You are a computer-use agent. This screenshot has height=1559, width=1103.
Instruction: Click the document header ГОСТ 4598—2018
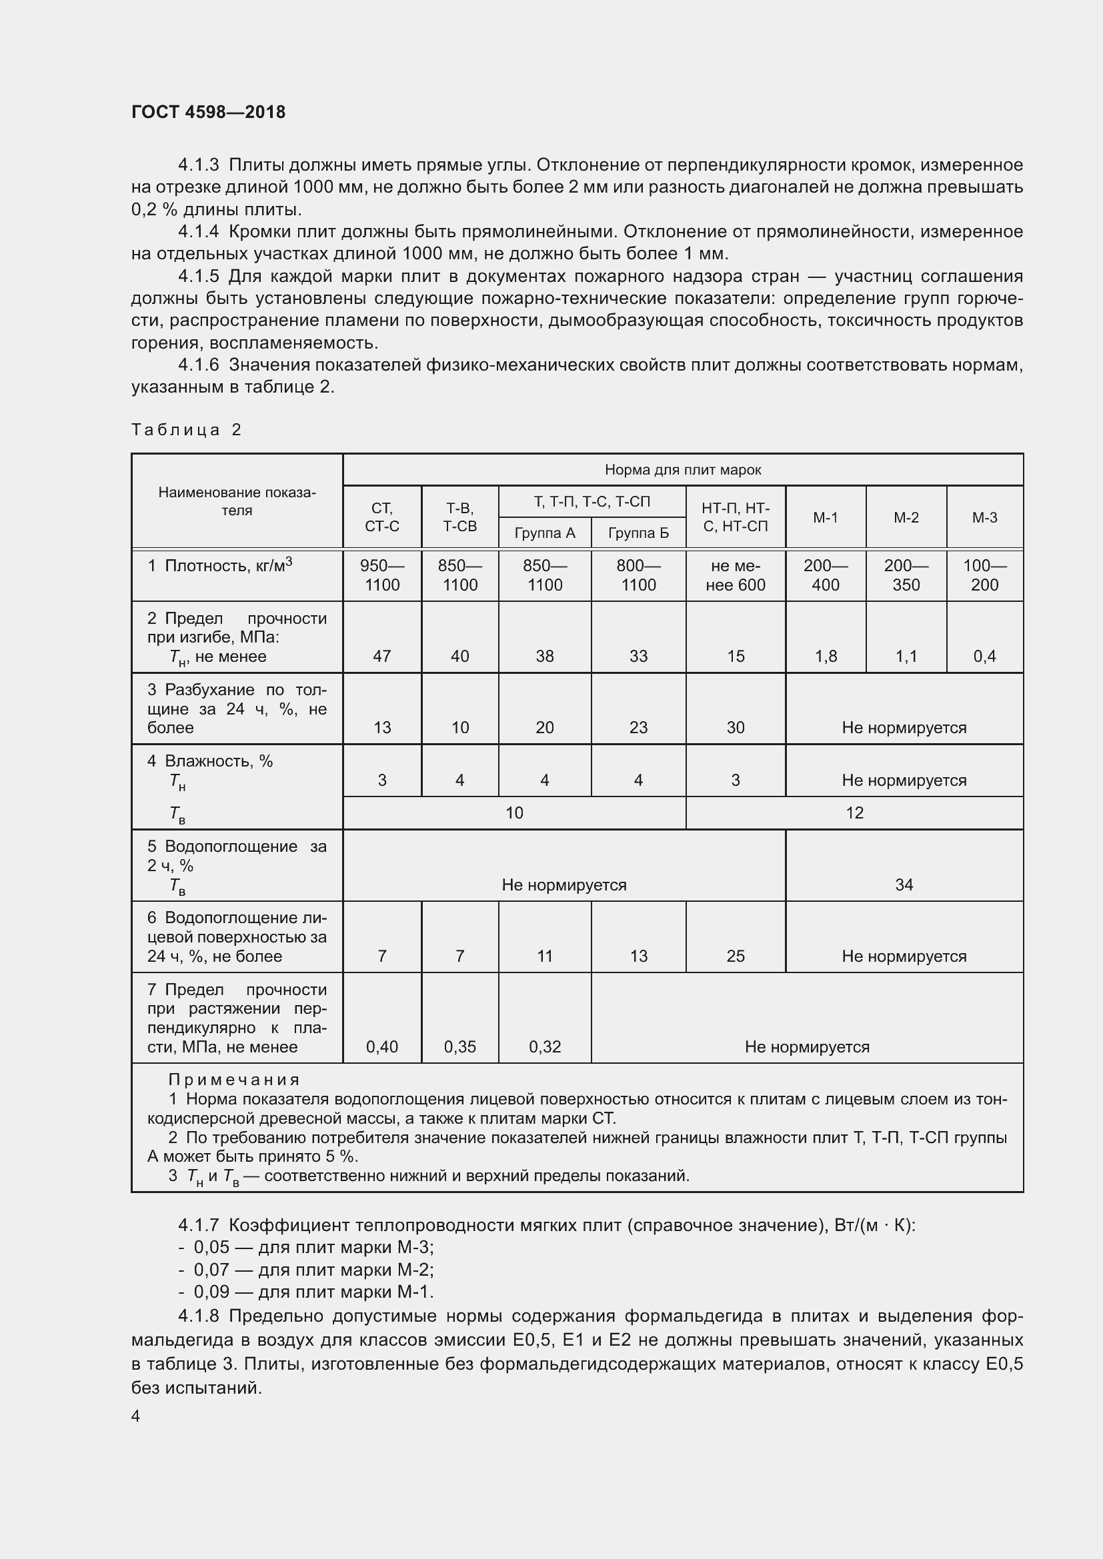208,112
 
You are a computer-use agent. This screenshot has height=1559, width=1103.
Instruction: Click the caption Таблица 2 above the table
186,430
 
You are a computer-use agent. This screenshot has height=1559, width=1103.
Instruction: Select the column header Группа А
545,533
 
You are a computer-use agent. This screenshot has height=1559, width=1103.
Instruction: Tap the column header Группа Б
638,533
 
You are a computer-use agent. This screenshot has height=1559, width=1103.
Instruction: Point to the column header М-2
906,517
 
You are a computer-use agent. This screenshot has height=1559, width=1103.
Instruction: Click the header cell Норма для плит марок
683,470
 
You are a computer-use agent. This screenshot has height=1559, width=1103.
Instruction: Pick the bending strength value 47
381,657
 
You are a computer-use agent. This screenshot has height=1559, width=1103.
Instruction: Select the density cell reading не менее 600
735,575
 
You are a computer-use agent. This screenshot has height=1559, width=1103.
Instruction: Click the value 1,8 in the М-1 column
825,657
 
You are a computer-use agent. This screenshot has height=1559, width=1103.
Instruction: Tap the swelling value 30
735,728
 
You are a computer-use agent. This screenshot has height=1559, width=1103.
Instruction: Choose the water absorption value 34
904,884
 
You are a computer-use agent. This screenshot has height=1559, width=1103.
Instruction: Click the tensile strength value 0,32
545,1047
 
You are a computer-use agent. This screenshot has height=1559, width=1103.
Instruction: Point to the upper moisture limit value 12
854,812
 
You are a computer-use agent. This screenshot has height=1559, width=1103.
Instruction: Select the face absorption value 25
735,956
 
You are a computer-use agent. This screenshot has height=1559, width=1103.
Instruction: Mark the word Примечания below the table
233,1080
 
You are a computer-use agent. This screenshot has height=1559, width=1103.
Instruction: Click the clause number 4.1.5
198,277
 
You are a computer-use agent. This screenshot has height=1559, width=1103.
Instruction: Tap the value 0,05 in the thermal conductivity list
211,1247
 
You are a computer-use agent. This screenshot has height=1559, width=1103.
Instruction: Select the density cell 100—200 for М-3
984,575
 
